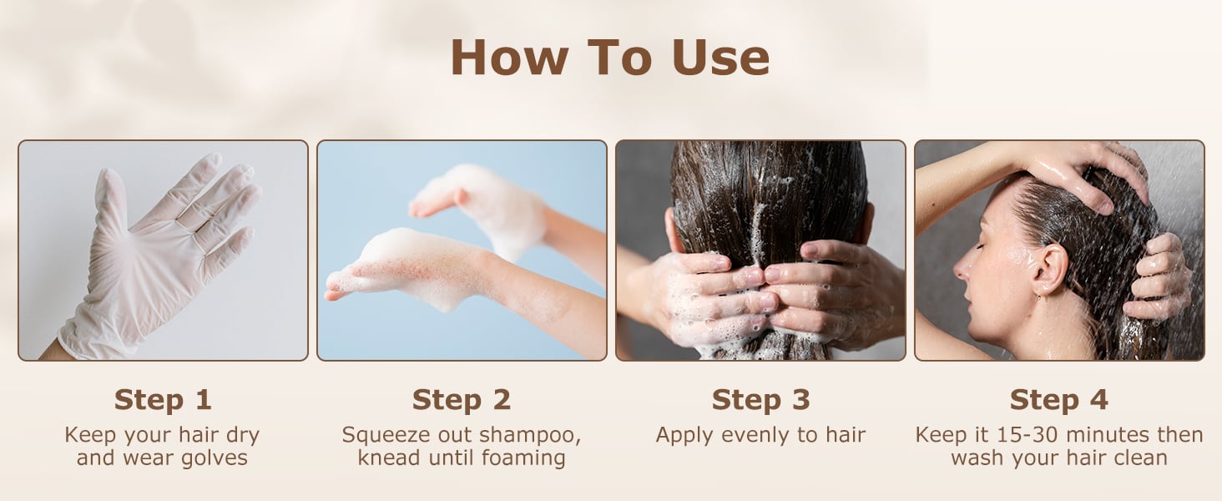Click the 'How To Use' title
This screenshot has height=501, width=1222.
pos(610,58)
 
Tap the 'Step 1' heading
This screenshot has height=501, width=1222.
pos(163,399)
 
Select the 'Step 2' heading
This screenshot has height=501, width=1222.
pos(462,399)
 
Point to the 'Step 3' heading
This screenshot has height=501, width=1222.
pos(760,399)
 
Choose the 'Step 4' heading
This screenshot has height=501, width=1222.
pos(1059,399)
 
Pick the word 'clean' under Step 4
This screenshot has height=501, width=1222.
pos(1139,458)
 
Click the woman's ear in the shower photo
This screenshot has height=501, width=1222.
pos(1049,269)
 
